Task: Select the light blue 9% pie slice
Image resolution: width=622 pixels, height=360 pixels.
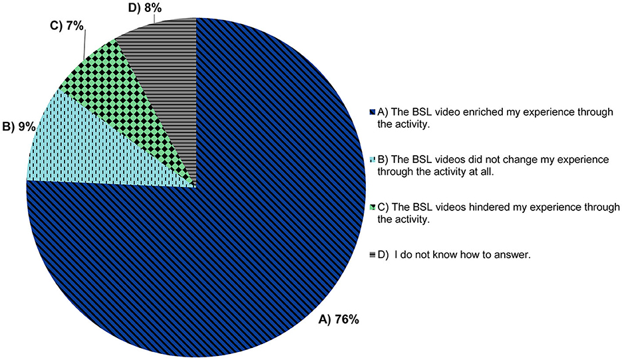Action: pos(99,147)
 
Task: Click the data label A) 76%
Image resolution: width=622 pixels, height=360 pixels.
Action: pos(339,319)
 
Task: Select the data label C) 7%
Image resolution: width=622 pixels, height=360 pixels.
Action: pos(67,27)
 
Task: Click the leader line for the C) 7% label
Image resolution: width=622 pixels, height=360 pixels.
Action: pos(84,46)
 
